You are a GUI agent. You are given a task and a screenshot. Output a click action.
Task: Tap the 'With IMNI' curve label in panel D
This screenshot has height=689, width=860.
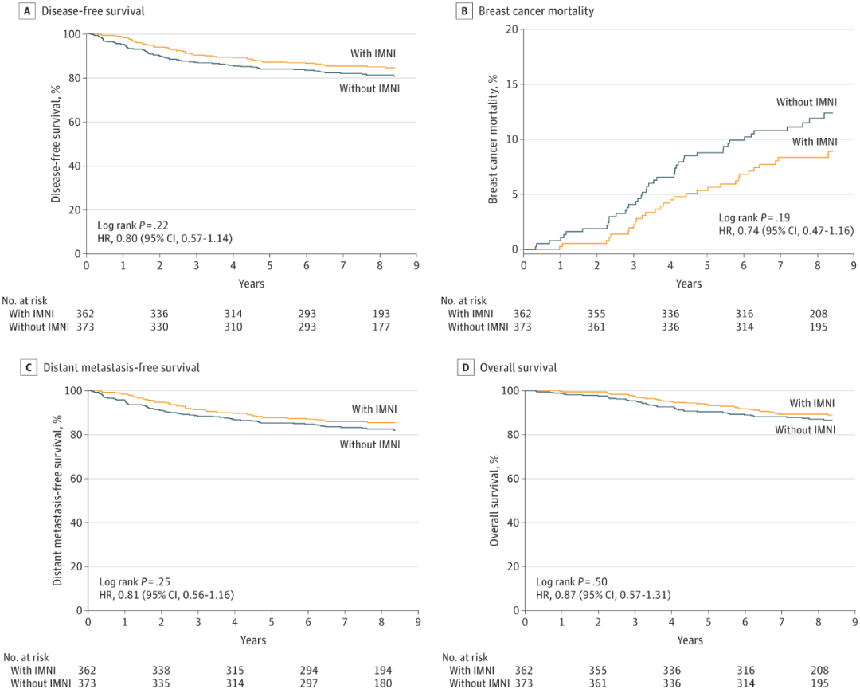click(811, 403)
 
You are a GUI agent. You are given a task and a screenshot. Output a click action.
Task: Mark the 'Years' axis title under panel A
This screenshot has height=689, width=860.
click(251, 284)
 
